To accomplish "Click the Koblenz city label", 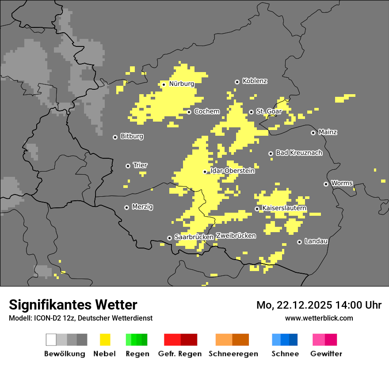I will tap(255, 81).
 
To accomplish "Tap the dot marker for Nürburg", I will tap(164, 84).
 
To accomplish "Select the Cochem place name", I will tap(206, 111).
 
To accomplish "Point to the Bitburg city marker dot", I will tap(115, 137).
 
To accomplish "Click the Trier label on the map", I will tap(140, 165).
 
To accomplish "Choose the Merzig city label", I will tap(142, 206).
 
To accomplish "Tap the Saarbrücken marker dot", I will tap(169, 238).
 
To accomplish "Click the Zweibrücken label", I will tap(236, 236).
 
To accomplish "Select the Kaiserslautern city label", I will tap(284, 208).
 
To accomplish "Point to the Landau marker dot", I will tap(299, 242).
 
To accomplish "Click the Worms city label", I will tap(341, 183).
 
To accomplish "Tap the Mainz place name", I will tap(328, 132).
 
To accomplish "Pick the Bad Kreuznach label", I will tap(299, 153).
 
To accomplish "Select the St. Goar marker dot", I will tap(251, 112).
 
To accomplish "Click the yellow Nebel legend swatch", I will tap(105, 340).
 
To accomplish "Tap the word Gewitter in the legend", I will tap(326, 354).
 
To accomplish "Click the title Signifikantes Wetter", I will tap(73, 305).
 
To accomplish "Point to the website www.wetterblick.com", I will tap(319, 318).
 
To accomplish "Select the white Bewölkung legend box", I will tap(51, 340).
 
